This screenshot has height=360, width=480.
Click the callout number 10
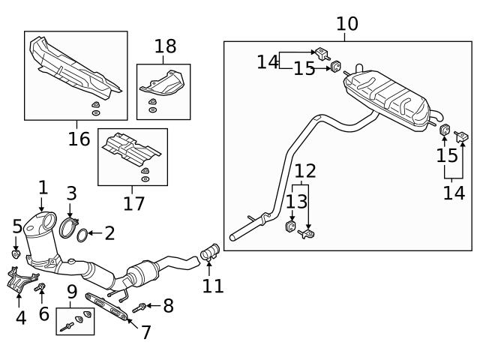(346, 24)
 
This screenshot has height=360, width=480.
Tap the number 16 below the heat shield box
(79, 138)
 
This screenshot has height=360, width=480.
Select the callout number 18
(165, 46)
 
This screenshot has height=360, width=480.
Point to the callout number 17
(133, 202)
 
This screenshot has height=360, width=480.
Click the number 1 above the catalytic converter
(43, 187)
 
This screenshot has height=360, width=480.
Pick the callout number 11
(213, 285)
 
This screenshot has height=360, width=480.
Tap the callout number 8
(168, 305)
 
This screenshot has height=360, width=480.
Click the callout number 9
(72, 290)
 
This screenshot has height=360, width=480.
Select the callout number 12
(304, 171)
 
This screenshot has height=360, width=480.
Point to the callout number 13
(296, 200)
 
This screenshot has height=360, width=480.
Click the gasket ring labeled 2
(84, 234)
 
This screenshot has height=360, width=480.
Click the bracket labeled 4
(19, 281)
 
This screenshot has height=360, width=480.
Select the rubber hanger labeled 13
(290, 225)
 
